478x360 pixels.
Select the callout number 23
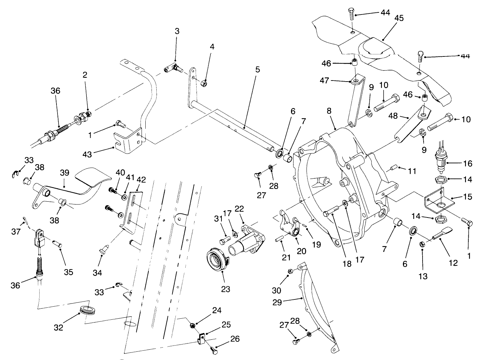(x=226, y=289)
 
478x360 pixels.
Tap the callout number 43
(x=87, y=155)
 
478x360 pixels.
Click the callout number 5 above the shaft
(x=257, y=70)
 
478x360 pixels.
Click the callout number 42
(x=141, y=180)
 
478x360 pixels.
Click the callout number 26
(x=235, y=339)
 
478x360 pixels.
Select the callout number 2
(x=85, y=75)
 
